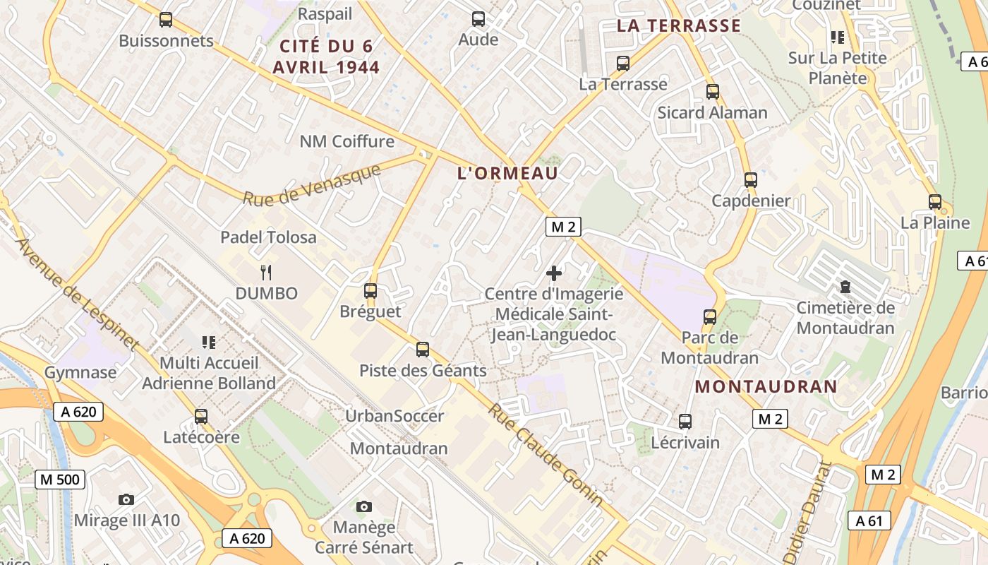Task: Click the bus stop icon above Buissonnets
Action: coord(166,20)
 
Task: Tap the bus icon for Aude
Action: coord(478,19)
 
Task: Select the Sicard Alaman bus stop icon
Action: coord(713,91)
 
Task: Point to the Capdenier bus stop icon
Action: coord(751,179)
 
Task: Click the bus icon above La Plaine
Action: coord(935,202)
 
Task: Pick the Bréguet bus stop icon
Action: coord(370,290)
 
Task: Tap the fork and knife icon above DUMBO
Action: coord(266,273)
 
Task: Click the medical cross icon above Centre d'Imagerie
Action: coord(554,273)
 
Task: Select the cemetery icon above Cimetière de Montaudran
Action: coord(845,287)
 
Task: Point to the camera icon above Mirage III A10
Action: coord(126,500)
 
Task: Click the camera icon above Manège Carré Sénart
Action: coord(364,506)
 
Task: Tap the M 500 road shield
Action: coord(60,480)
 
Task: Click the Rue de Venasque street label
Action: coord(312,185)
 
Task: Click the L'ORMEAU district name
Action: coord(508,173)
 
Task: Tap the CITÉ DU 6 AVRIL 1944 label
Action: coord(330,57)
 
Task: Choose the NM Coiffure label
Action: coord(347,141)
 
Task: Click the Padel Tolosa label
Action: coord(268,237)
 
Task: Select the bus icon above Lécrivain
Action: coord(685,422)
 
